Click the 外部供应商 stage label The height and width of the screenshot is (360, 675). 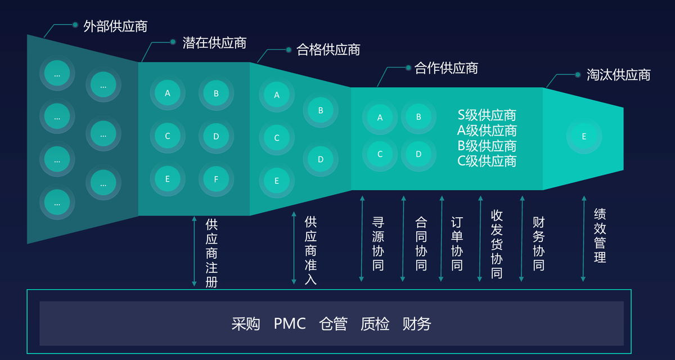click(x=115, y=26)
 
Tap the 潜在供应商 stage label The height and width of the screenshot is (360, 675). click(x=214, y=43)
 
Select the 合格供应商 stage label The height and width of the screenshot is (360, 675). click(x=328, y=50)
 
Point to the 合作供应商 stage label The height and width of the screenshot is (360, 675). click(x=446, y=69)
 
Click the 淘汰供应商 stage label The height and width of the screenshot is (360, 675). click(x=618, y=75)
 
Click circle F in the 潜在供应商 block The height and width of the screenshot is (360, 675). click(x=216, y=179)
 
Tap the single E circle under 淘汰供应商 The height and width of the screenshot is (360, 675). click(x=584, y=136)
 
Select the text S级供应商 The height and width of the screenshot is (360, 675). click(x=487, y=115)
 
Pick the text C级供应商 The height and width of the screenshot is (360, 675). click(x=487, y=161)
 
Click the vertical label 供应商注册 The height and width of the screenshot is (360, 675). click(x=211, y=253)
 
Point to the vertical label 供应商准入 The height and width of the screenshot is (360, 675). click(x=310, y=250)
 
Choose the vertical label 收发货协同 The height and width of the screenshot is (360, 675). click(x=497, y=244)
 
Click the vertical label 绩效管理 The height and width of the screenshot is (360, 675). click(x=600, y=236)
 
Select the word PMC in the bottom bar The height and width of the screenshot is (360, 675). click(x=290, y=324)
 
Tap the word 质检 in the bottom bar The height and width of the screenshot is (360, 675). click(x=375, y=324)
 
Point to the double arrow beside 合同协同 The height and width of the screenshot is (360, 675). click(x=403, y=238)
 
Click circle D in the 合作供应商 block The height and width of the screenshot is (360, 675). click(x=418, y=154)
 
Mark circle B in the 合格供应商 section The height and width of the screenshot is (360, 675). click(x=321, y=110)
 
